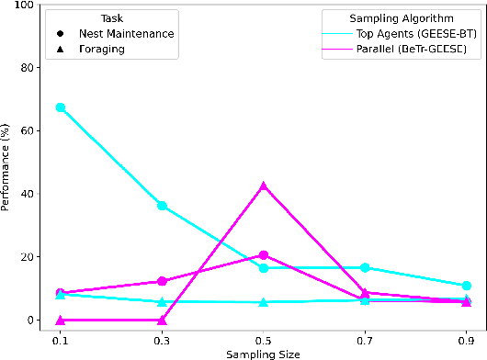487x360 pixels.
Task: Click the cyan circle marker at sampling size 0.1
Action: (x=61, y=107)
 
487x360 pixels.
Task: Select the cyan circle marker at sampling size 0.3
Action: (x=162, y=206)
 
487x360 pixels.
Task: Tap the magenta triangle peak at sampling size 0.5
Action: (x=264, y=186)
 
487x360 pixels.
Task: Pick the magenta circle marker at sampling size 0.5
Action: (x=264, y=255)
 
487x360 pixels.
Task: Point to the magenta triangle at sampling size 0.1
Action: (x=61, y=320)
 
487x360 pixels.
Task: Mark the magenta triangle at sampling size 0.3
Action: (x=162, y=320)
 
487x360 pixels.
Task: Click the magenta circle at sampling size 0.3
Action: (x=162, y=281)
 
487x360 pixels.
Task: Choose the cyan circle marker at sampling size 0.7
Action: (x=365, y=267)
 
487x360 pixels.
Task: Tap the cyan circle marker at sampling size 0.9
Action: (x=467, y=286)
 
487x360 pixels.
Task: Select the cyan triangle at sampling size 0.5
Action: (x=264, y=302)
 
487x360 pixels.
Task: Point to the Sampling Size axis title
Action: (x=264, y=353)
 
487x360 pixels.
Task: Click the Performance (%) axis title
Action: (x=8, y=163)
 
